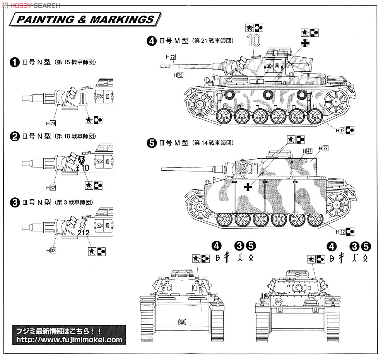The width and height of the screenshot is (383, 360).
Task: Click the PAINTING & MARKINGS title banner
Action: click(x=86, y=19)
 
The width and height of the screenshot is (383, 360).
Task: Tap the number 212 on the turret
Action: click(x=83, y=233)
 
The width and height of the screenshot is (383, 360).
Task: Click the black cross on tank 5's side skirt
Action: click(x=248, y=187)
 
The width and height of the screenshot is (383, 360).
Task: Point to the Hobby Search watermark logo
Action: click(x=31, y=5)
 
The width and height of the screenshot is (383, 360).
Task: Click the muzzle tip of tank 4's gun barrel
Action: click(x=161, y=66)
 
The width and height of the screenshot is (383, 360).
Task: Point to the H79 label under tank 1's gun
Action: click(x=51, y=123)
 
